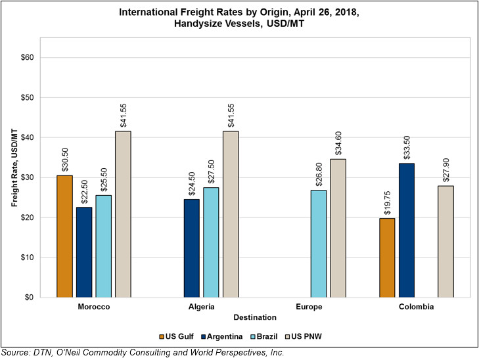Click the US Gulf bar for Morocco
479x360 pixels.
coord(65,236)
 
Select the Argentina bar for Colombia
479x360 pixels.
coord(407,230)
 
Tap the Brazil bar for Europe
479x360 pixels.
coord(319,244)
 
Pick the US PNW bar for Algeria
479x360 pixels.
coord(231,214)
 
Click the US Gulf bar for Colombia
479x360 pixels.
coord(387,258)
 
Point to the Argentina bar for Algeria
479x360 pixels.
coord(192,248)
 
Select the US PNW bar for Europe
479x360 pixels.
coord(338,228)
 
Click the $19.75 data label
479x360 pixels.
coord(387,203)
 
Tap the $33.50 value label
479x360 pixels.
coord(407,148)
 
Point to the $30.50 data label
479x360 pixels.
coord(65,160)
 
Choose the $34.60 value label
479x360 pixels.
coord(338,143)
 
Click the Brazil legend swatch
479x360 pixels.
coord(253,336)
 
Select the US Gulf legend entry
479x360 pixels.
coord(177,336)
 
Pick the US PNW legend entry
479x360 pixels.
coord(304,336)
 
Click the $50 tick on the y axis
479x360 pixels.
coord(27,97)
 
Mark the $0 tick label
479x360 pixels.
coord(29,297)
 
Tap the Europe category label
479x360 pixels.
coord(309,307)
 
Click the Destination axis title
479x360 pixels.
coord(255,317)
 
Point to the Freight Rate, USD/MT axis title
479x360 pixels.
coord(14,168)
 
